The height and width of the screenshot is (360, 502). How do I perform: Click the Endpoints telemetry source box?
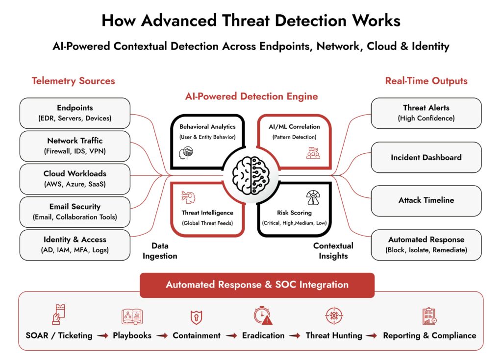pos(75,113)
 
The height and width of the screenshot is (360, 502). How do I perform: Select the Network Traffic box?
pos(75,146)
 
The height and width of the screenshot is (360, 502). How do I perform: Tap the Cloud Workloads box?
pos(75,179)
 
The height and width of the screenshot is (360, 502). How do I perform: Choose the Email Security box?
pos(75,212)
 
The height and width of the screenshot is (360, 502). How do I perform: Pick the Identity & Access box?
pos(75,244)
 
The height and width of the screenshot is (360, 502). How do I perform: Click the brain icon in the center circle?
pos(251,175)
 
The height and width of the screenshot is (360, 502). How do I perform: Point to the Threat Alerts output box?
pos(426,113)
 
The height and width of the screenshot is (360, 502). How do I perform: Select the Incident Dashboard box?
pos(426,158)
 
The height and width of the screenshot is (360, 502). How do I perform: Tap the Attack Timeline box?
pos(426,200)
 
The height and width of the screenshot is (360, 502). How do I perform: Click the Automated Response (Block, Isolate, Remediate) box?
pos(426,244)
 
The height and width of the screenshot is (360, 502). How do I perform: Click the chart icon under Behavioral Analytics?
pos(187,152)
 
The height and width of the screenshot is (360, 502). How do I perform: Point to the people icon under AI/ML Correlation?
pos(312,153)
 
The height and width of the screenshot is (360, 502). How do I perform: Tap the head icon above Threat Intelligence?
pos(188,197)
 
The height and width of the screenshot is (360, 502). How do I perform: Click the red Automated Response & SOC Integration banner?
pos(257,285)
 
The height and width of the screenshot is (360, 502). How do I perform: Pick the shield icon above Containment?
pos(196,317)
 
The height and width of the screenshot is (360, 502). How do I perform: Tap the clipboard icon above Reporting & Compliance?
pos(429,316)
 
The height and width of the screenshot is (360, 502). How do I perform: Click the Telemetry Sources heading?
pos(73,81)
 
